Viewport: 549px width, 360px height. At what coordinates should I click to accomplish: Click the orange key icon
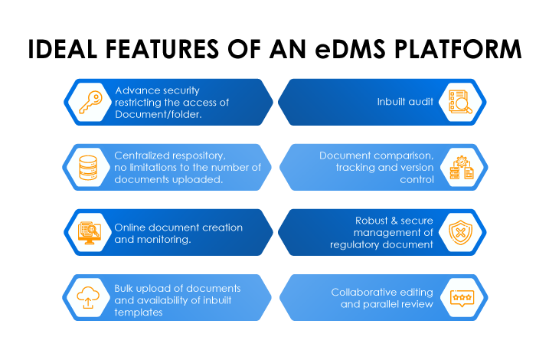(90, 102)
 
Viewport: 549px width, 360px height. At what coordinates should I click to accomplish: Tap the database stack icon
(90, 167)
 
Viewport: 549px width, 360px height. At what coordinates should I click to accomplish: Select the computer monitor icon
(90, 232)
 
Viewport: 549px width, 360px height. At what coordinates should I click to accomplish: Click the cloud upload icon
(90, 297)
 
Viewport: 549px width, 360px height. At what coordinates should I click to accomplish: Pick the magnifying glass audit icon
(460, 102)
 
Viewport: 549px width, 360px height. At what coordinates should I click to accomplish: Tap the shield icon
(461, 232)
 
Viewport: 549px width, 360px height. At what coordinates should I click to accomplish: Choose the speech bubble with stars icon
(461, 297)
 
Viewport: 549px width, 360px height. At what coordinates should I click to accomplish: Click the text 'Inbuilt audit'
(405, 102)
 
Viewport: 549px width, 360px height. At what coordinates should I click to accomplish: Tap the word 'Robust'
(372, 221)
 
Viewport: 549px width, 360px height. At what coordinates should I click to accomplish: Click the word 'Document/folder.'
(158, 114)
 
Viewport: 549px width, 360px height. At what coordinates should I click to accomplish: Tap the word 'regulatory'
(358, 245)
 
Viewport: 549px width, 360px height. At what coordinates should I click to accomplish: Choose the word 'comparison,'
(403, 155)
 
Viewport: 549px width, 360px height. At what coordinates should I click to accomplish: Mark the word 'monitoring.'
(163, 239)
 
